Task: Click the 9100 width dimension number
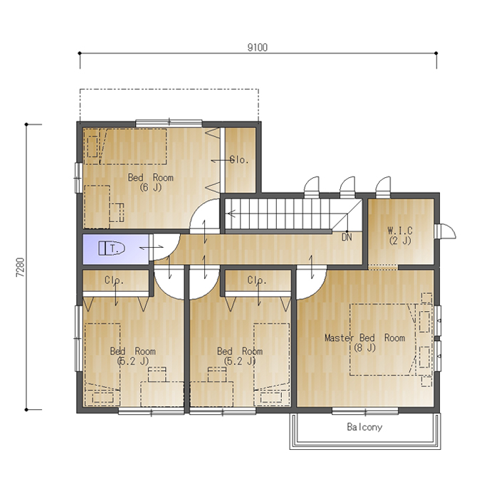tap(258, 48)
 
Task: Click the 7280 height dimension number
tap(21, 268)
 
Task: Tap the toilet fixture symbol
tap(112, 248)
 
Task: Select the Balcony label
tap(364, 427)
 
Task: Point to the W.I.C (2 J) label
tap(400, 236)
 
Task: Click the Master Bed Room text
tap(364, 337)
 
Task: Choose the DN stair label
tap(347, 237)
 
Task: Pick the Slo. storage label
tap(239, 160)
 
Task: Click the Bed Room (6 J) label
tap(151, 182)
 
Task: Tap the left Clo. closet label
tap(114, 280)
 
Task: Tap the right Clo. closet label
tap(257, 280)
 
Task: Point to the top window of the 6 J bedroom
tap(169, 123)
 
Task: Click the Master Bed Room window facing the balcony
tap(365, 411)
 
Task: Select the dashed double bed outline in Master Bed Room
tap(383, 340)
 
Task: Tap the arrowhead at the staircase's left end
tap(231, 213)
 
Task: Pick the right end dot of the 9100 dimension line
tap(436, 53)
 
